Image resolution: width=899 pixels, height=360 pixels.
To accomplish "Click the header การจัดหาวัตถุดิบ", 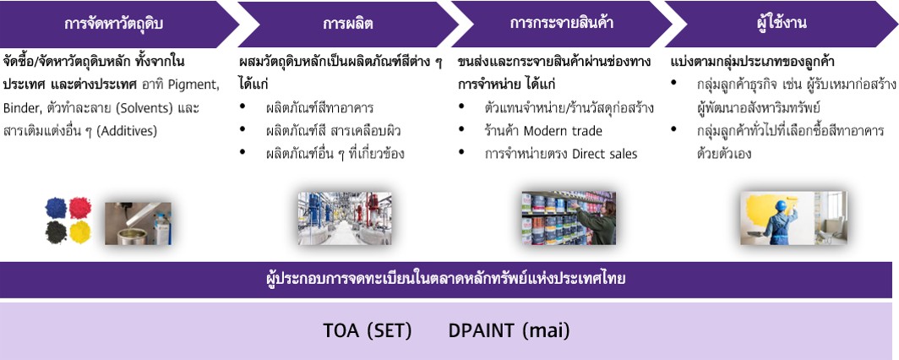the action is pyautogui.click(x=113, y=24).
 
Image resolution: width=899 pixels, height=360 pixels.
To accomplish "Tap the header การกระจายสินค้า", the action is pyautogui.click(x=561, y=24).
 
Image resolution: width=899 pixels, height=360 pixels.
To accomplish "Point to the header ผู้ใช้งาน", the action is pyautogui.click(x=781, y=24).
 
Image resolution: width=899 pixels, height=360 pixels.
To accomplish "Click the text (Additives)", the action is pyautogui.click(x=126, y=131).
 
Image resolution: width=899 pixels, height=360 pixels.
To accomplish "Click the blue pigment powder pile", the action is pyautogui.click(x=56, y=208).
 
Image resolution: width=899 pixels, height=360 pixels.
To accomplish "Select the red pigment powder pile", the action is pyautogui.click(x=80, y=208).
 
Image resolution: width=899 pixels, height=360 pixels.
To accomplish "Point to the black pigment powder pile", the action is pyautogui.click(x=56, y=232).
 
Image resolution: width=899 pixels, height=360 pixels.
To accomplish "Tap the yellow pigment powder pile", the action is pyautogui.click(x=80, y=232).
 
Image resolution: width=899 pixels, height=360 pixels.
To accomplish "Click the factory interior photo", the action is pyautogui.click(x=345, y=218).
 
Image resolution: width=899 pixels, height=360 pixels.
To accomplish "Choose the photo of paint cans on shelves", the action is pyautogui.click(x=568, y=218).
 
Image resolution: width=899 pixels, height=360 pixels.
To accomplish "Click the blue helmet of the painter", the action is pyautogui.click(x=780, y=205).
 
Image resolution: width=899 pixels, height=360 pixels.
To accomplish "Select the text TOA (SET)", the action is pyautogui.click(x=368, y=331).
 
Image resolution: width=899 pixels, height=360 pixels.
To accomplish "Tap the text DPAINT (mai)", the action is pyautogui.click(x=509, y=331).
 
